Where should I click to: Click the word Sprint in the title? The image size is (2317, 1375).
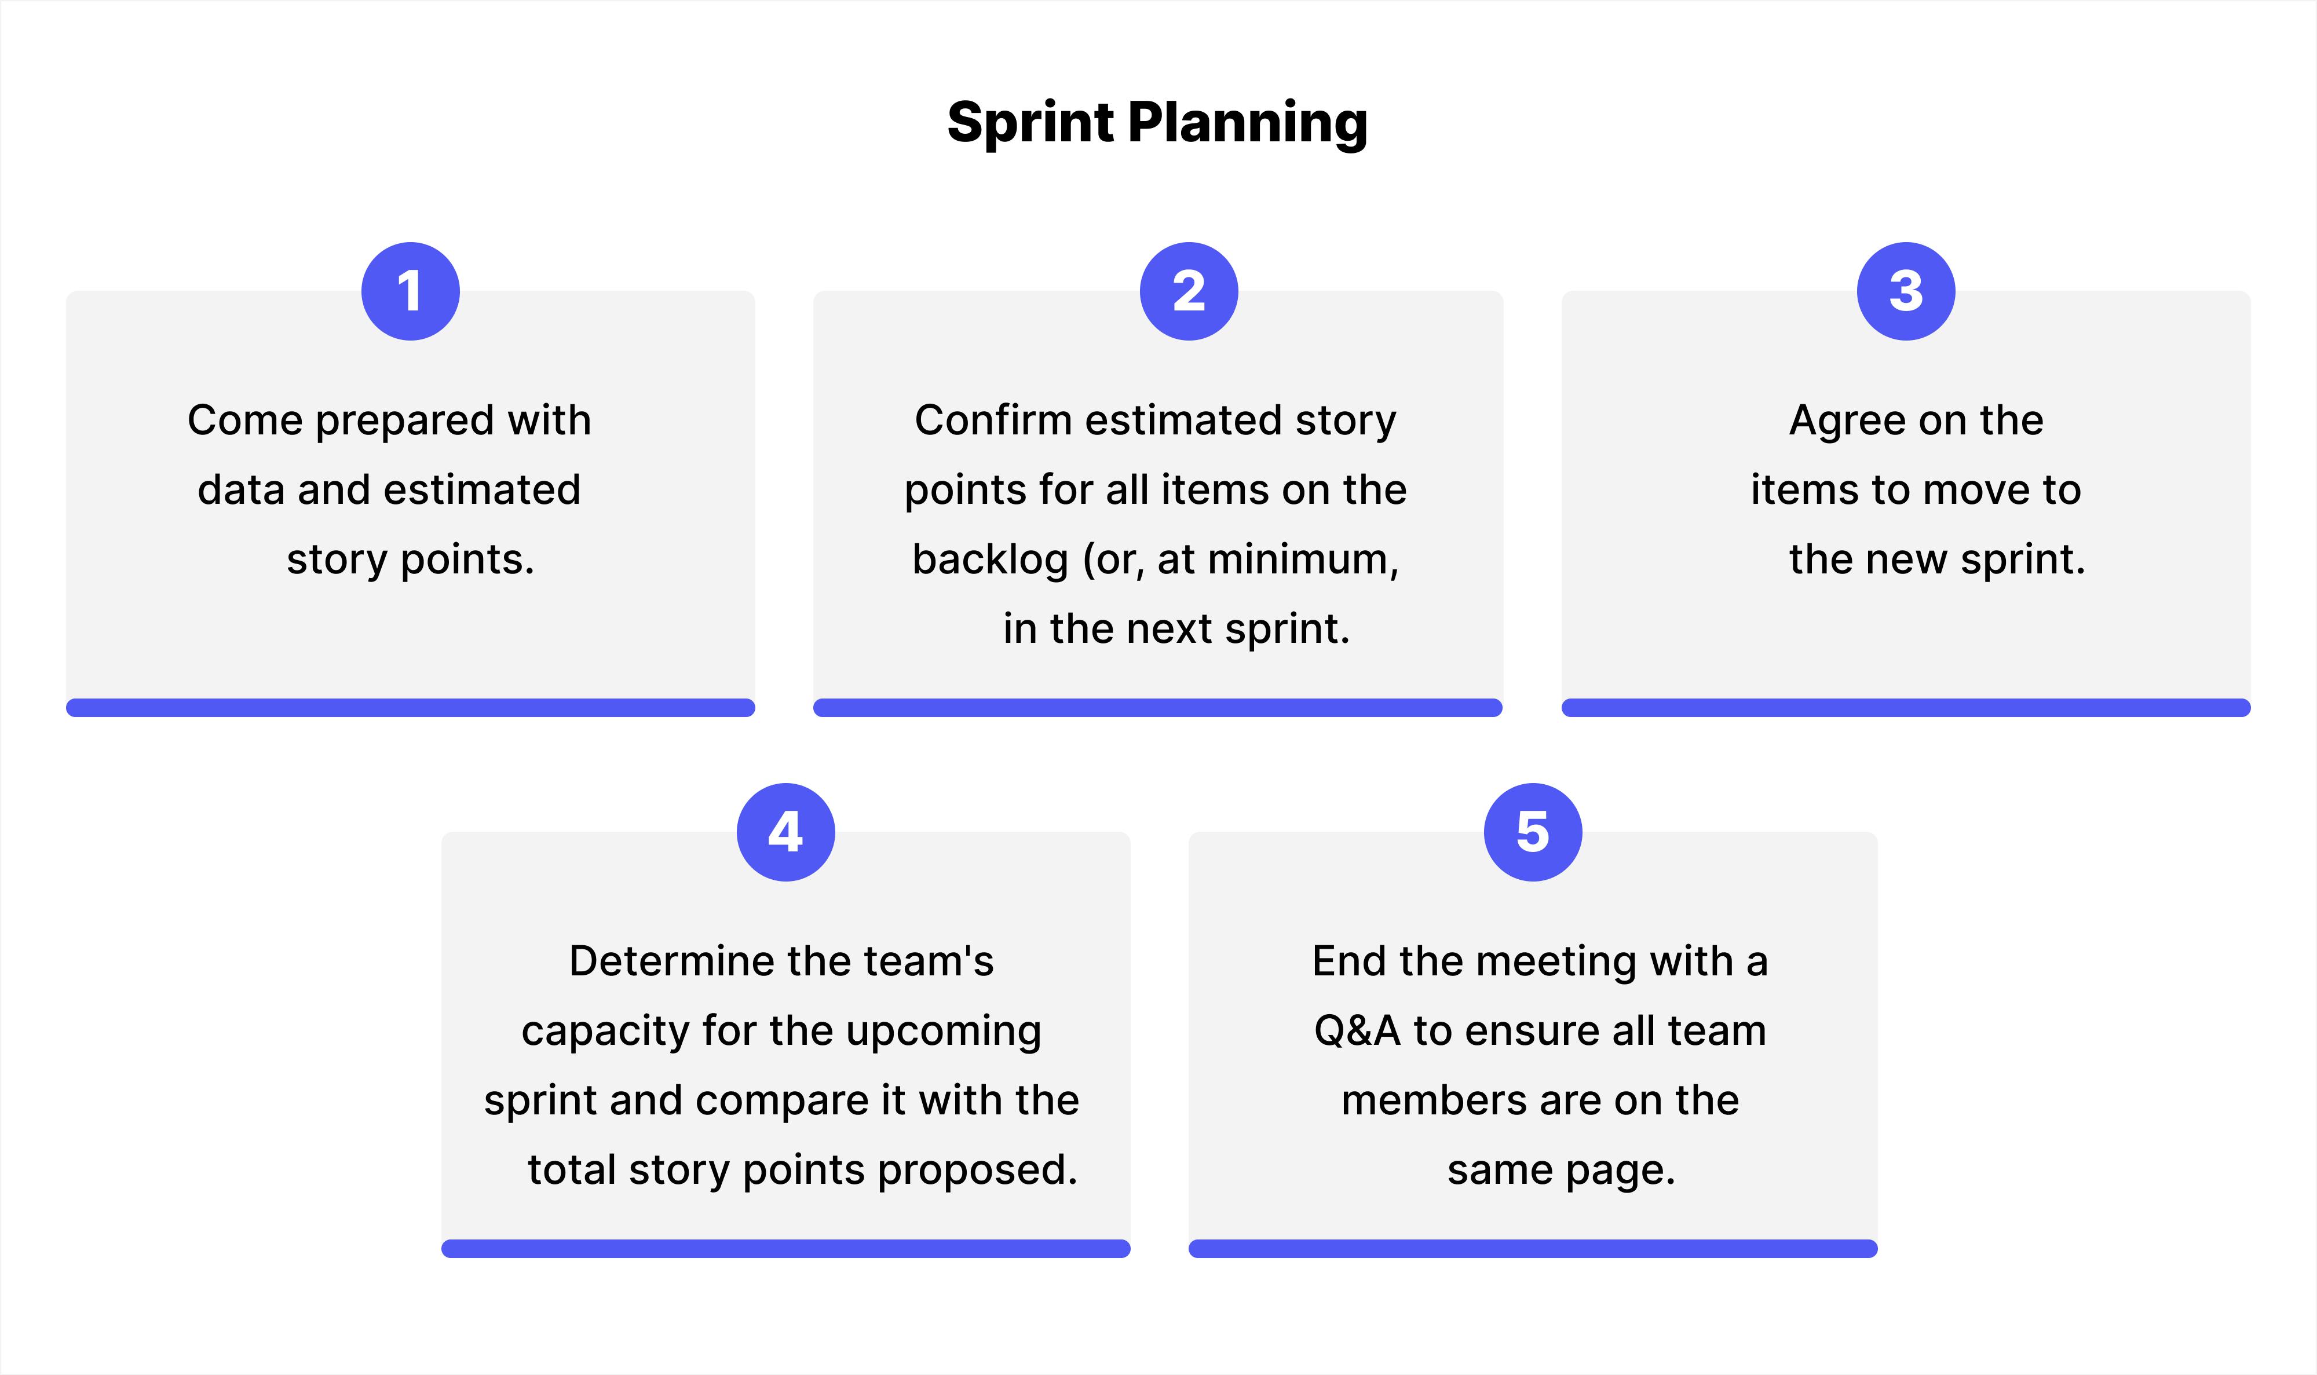1030,123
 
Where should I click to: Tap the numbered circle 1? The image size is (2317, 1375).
411,291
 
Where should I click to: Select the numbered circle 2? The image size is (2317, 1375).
1189,291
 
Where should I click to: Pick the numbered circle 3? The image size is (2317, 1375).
1906,291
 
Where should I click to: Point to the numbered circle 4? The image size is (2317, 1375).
785,832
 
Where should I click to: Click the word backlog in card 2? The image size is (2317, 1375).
989,559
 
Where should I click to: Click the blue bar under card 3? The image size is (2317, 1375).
1906,708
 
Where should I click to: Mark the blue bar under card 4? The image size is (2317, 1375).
785,1248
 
